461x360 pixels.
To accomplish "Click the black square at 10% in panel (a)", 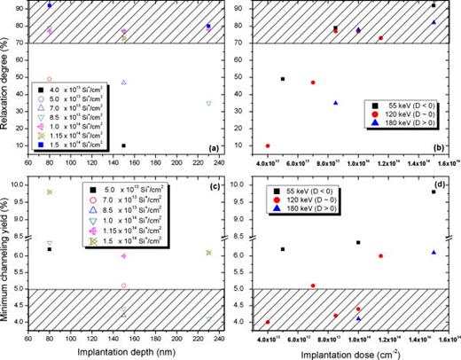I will (x=123, y=145).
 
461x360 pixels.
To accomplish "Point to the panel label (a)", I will (x=214, y=147).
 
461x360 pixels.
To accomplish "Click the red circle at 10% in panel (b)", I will (x=268, y=145).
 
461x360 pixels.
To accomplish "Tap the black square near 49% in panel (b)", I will (x=283, y=79).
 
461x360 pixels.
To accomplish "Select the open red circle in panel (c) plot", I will (x=123, y=286).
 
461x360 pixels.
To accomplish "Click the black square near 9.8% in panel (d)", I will (x=434, y=192).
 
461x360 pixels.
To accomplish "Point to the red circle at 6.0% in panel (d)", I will (x=381, y=256).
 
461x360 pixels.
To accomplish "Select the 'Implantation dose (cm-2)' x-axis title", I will (x=347, y=353).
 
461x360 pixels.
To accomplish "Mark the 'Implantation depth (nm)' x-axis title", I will (x=123, y=353).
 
